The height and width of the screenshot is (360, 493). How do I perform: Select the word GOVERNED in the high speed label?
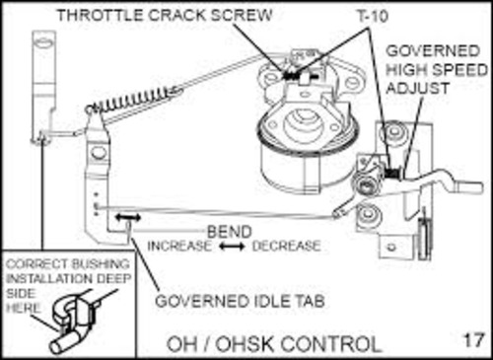point(427,50)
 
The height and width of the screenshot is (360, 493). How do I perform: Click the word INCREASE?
point(179,245)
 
